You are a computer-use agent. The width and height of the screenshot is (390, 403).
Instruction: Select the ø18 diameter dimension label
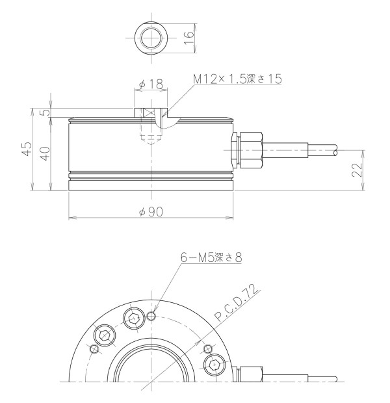[151, 84]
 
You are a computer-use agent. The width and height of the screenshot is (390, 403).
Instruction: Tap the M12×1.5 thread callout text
[238, 79]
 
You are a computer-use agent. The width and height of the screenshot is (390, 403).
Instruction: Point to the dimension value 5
[45, 112]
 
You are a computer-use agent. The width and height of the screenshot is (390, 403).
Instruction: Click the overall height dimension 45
[27, 149]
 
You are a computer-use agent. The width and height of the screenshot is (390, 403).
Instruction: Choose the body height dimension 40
[45, 153]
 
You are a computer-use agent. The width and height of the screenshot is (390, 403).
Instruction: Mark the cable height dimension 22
[357, 170]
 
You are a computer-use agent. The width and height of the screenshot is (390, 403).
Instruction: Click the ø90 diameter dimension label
[151, 212]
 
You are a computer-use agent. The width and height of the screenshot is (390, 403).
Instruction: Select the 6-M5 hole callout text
[211, 257]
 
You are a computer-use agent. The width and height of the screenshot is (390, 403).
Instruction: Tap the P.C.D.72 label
[236, 303]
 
